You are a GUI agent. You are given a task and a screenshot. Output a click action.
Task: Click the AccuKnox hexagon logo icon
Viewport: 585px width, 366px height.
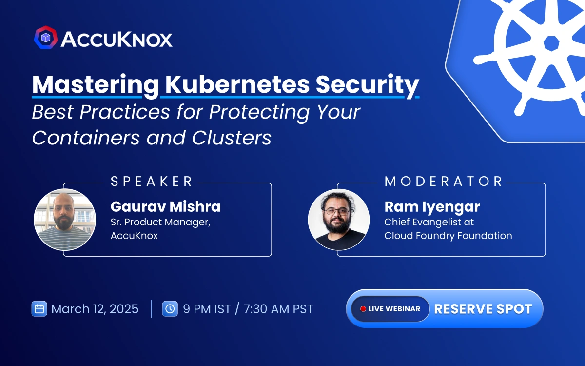click(46, 38)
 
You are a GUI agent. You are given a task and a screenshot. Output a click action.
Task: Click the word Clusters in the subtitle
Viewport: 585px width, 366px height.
click(232, 138)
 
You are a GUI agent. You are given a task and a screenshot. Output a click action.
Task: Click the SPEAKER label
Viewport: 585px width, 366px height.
click(152, 182)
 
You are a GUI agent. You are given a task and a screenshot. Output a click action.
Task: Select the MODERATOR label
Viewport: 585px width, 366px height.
click(444, 182)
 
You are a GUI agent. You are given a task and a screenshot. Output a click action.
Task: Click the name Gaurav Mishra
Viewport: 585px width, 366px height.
click(166, 206)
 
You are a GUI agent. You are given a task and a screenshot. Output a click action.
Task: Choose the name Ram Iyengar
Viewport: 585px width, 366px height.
click(432, 206)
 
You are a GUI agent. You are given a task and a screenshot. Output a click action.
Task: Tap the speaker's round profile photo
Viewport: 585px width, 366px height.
click(65, 220)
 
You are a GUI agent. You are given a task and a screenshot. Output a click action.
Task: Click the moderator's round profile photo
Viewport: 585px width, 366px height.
click(339, 220)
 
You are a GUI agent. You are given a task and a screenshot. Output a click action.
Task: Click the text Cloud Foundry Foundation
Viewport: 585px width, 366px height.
click(448, 236)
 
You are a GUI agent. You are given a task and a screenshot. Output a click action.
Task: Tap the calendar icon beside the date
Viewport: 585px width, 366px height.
click(39, 309)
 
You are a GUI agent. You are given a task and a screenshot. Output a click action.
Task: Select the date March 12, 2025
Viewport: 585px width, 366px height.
click(95, 309)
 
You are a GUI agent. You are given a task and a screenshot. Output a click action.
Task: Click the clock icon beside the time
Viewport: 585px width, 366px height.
click(170, 309)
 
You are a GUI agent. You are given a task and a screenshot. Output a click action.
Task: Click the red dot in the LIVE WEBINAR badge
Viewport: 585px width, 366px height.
click(363, 309)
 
